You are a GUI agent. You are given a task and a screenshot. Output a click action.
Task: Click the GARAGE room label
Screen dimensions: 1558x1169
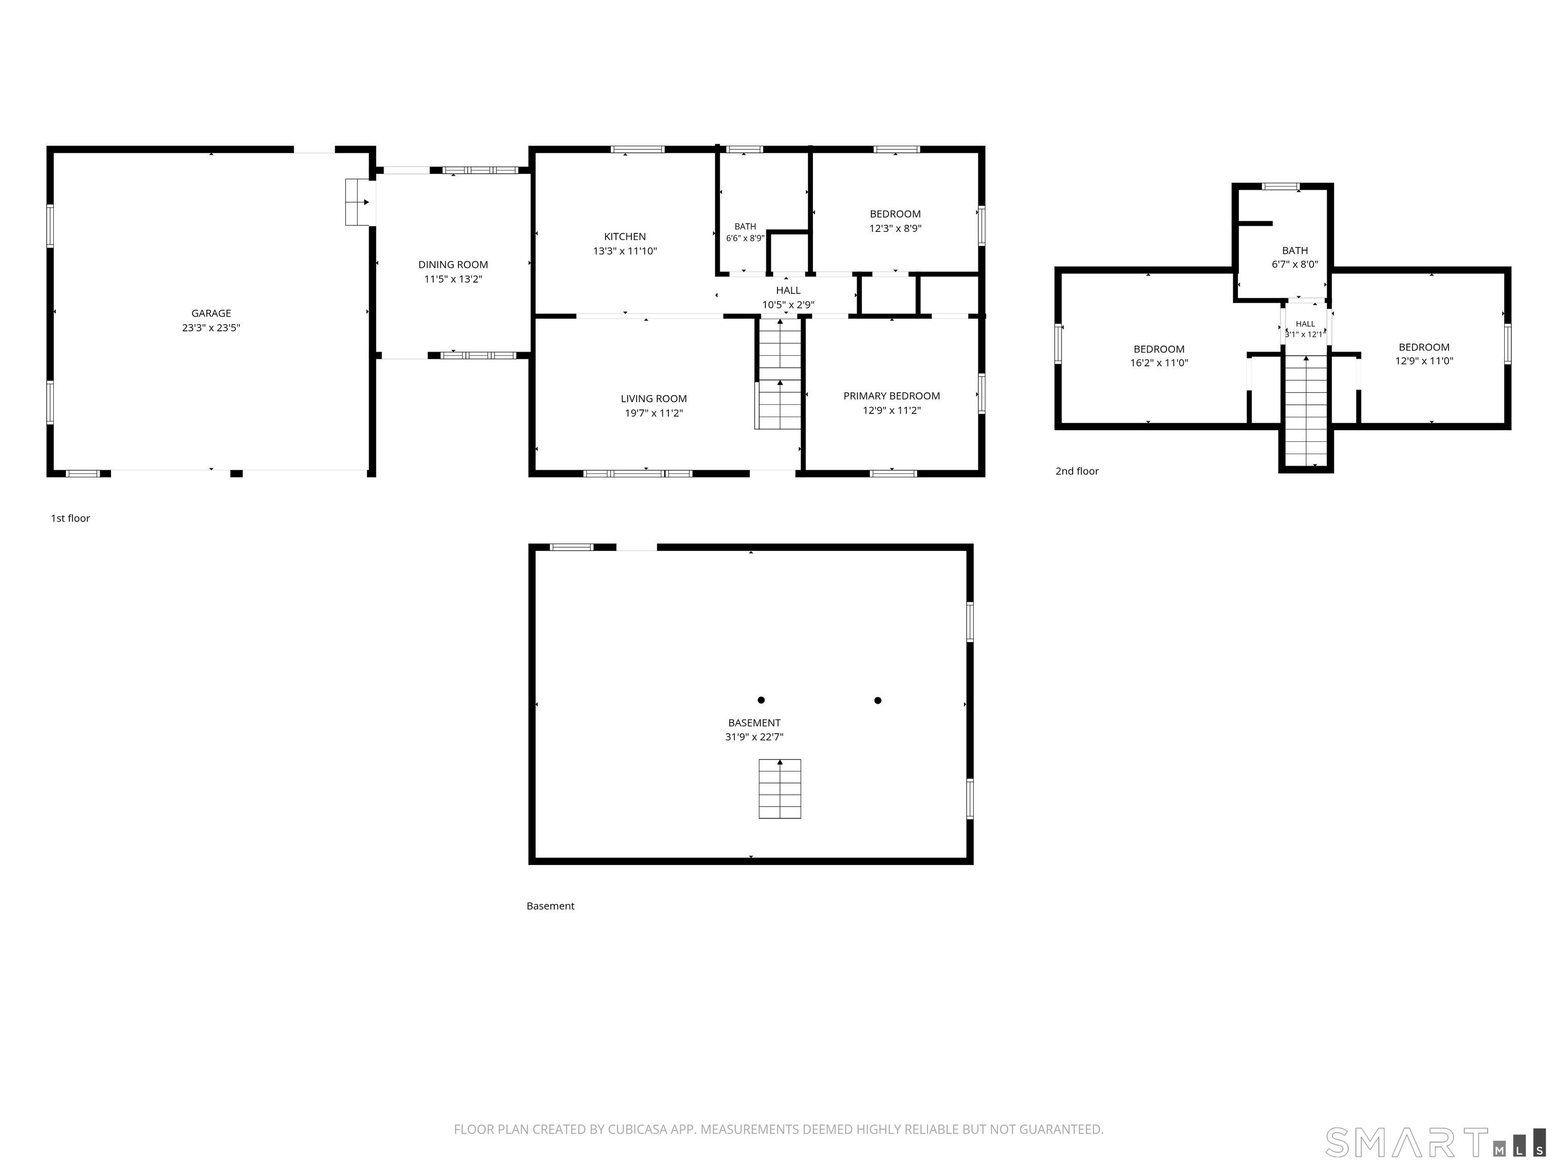[211, 314]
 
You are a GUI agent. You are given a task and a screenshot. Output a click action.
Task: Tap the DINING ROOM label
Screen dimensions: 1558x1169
[453, 265]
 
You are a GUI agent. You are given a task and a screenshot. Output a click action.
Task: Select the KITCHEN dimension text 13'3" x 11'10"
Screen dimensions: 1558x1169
[625, 251]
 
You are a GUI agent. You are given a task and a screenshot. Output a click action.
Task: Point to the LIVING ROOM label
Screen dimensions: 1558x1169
[654, 399]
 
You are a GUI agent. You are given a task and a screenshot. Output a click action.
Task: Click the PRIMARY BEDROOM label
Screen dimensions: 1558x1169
[892, 396]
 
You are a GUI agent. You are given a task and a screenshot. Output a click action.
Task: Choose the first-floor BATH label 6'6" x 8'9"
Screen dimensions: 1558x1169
[745, 232]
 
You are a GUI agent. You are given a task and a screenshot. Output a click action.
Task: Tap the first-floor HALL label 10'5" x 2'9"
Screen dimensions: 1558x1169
[788, 297]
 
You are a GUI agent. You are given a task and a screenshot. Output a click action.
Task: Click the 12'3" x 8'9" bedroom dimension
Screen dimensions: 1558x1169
[895, 228]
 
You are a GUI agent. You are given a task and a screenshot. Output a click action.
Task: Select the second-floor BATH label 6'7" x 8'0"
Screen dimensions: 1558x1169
[1295, 257]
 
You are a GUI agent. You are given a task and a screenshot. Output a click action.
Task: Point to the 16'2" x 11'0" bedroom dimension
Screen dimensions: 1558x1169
[1159, 363]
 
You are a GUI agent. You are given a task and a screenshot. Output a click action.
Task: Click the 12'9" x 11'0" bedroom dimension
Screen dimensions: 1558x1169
[1424, 361]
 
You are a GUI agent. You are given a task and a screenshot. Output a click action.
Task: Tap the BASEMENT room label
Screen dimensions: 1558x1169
[754, 723]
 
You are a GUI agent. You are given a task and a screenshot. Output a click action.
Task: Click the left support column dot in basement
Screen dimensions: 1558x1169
[761, 700]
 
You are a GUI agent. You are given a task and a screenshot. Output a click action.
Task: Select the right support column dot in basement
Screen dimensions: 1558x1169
[877, 700]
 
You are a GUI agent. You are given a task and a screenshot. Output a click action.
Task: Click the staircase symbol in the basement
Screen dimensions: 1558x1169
[780, 788]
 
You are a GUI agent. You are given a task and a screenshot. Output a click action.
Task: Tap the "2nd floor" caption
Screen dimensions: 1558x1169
[1077, 471]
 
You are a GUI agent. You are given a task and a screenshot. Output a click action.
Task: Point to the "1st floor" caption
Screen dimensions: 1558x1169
[70, 519]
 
